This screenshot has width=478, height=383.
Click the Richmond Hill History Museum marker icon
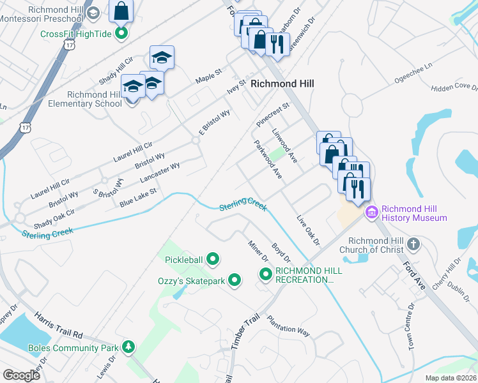point(370,213)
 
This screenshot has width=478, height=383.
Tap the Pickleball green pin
point(213,259)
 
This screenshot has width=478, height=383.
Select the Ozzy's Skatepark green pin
point(235,280)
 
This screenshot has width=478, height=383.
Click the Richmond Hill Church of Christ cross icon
point(414,244)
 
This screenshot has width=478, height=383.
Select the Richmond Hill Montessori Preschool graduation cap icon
point(93,13)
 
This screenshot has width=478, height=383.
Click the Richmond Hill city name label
point(282,84)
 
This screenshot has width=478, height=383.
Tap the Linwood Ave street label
point(285,145)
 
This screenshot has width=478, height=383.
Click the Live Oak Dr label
point(307,230)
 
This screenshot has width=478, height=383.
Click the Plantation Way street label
point(288,325)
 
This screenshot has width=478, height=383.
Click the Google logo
point(22,375)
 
